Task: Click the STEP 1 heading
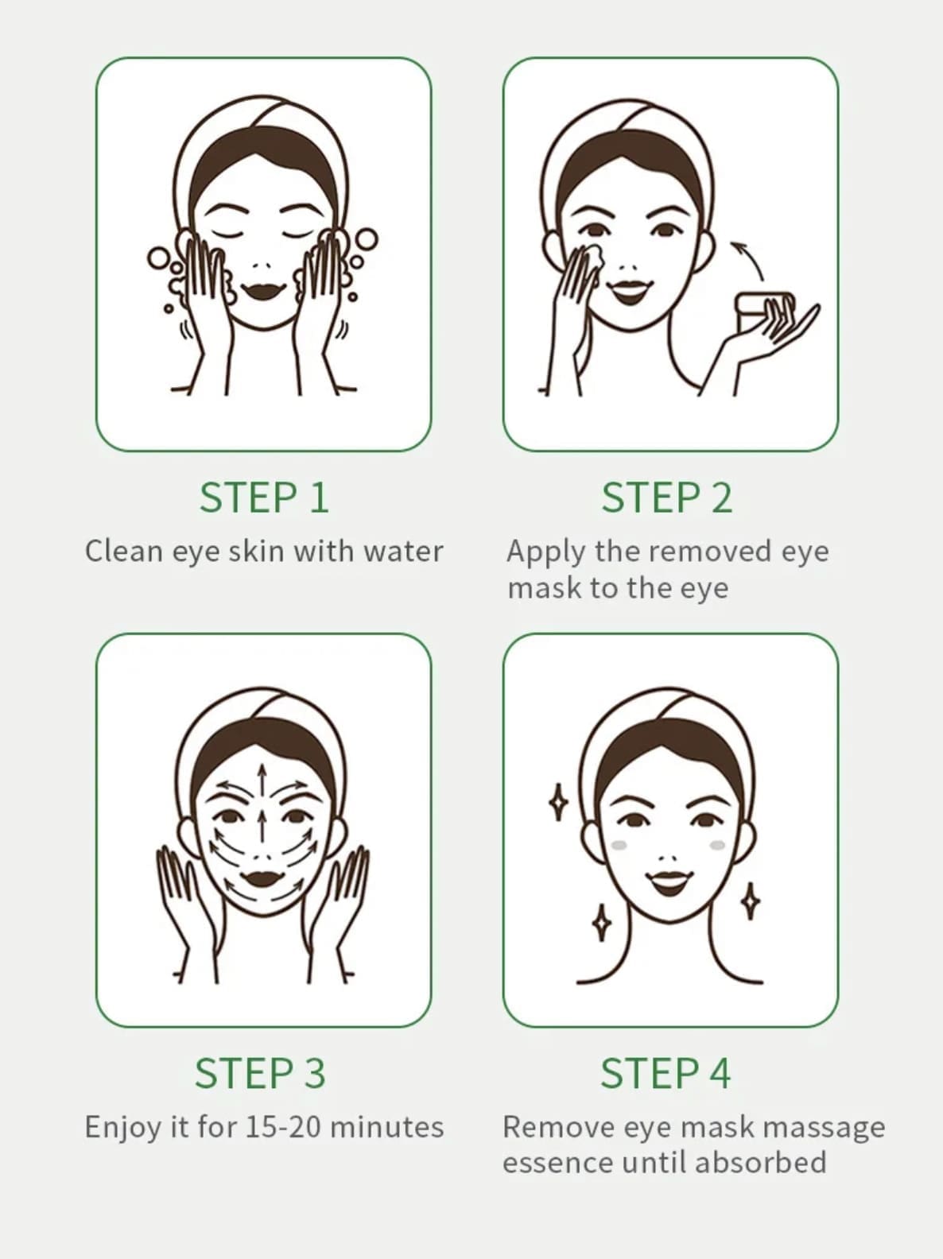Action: pos(264,498)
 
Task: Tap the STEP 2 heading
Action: pos(667,498)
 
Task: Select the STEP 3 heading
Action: pos(261,1073)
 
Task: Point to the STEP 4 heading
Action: pos(666,1073)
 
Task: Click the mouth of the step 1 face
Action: pos(263,289)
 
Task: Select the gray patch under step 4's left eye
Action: pos(619,845)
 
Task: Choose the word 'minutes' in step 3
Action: pos(387,1127)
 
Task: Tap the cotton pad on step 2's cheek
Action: pos(590,258)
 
